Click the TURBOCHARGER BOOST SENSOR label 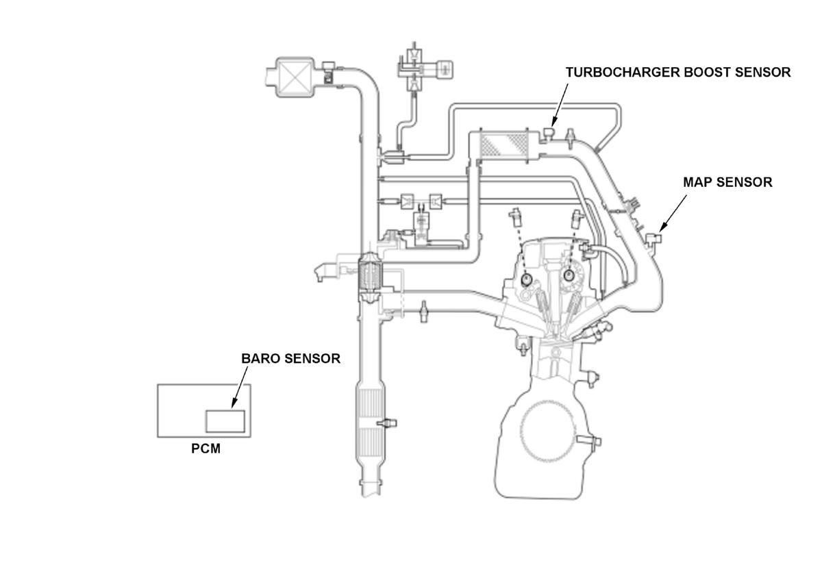click(x=677, y=72)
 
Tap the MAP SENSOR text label click(x=727, y=182)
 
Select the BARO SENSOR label click(x=290, y=358)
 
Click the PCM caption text click(x=206, y=450)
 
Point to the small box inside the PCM click(x=226, y=420)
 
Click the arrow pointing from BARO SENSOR click(x=240, y=387)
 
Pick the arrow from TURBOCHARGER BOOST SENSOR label click(x=557, y=105)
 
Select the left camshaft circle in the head click(x=526, y=279)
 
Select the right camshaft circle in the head click(x=569, y=275)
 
